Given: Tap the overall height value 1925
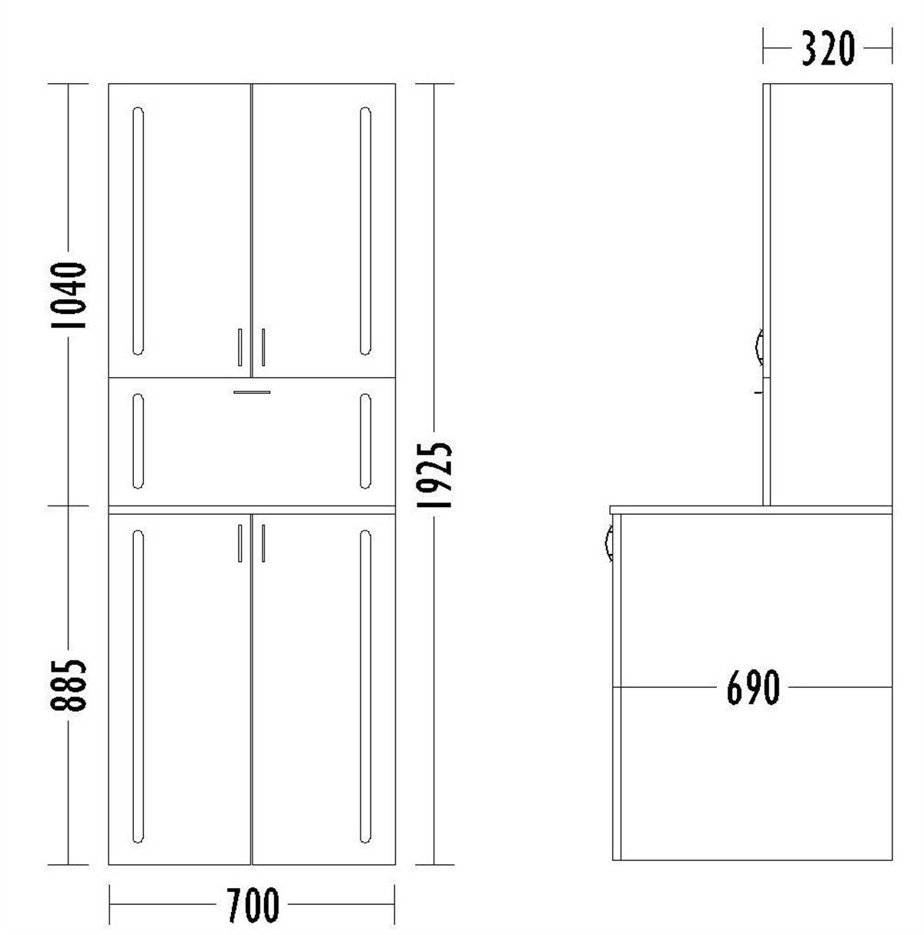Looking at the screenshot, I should coord(434,475).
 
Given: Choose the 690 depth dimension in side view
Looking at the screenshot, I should coord(753,687).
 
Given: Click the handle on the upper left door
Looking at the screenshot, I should coord(240,346).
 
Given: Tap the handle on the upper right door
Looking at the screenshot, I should coord(263,346).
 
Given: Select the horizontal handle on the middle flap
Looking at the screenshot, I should coord(252,392).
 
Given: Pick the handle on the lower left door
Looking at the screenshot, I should coord(240,543).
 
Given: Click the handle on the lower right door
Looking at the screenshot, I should coord(263,543).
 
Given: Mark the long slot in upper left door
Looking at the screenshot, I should coord(138,230).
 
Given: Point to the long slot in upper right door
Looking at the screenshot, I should coord(366,230).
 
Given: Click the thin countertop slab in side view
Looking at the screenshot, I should coord(751,509).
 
